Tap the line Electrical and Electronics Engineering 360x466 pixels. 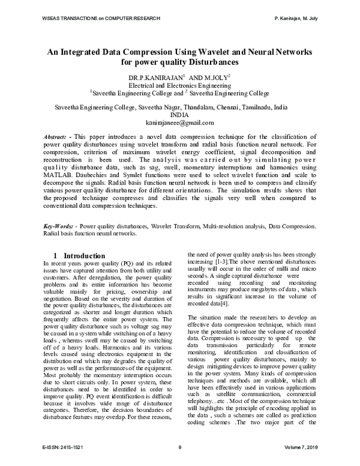click(x=180, y=86)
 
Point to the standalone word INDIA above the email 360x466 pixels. click(x=180, y=113)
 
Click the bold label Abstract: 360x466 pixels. click(x=59, y=138)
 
